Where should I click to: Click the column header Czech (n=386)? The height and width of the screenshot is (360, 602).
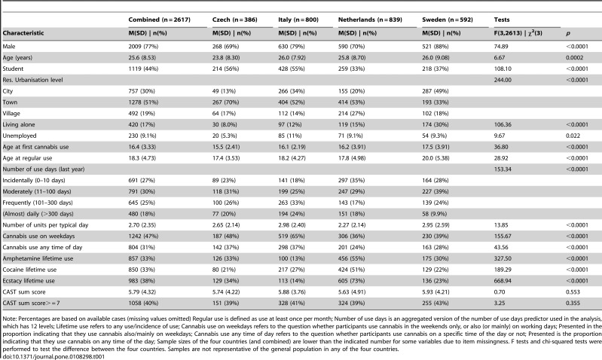click(x=235, y=20)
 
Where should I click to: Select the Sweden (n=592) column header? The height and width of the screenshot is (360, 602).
click(x=448, y=20)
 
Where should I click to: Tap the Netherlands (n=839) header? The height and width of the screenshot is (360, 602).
click(x=370, y=20)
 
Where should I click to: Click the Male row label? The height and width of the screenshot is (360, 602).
click(x=9, y=47)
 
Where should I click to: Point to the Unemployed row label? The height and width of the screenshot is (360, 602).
click(x=20, y=136)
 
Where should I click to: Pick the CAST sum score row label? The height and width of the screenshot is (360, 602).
click(x=24, y=291)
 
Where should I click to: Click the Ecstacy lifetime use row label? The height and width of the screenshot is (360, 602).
click(x=29, y=281)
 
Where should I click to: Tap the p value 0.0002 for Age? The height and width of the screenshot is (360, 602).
click(x=575, y=57)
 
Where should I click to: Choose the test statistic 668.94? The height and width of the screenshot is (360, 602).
click(x=503, y=281)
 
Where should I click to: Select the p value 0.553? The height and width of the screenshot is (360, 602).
click(x=573, y=291)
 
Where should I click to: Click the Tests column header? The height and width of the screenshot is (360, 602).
click(x=502, y=20)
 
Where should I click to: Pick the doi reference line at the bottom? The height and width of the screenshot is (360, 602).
click(x=53, y=356)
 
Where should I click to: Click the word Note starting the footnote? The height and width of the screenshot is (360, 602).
click(x=10, y=319)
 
